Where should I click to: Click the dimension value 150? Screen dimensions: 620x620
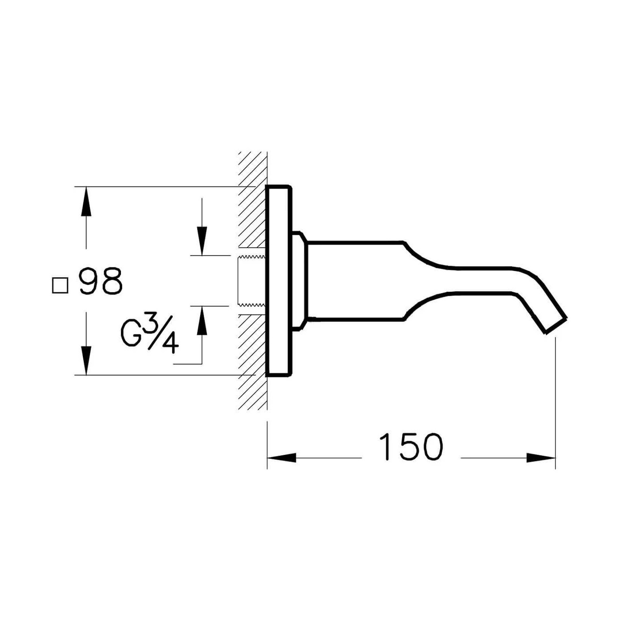coord(411,447)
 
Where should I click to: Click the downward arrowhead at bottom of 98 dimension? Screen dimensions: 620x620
coord(86,360)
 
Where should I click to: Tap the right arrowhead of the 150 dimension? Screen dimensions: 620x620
coord(541,457)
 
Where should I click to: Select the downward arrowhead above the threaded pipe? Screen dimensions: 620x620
coord(202,241)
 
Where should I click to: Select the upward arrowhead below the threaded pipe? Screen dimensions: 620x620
coord(202,321)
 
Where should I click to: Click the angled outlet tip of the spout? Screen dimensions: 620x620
coord(555,325)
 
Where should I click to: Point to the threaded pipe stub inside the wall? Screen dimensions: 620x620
coord(252,281)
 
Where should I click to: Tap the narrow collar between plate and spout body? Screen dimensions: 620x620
coord(298,281)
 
